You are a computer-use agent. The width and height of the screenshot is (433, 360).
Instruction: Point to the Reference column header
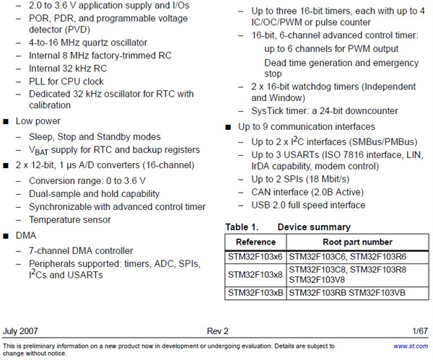(x=255, y=242)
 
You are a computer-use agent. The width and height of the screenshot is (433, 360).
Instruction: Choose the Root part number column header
(x=359, y=242)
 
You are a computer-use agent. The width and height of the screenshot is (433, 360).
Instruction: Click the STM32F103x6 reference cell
(x=255, y=255)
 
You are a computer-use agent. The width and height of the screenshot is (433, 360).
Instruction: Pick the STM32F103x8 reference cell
(x=255, y=274)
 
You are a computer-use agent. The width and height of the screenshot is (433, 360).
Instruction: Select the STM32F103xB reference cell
(x=255, y=293)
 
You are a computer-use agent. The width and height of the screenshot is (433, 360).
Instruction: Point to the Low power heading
(x=38, y=121)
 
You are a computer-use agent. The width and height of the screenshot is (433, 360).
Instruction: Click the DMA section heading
(x=26, y=235)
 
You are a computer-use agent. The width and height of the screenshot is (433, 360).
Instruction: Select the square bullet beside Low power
(x=6, y=121)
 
